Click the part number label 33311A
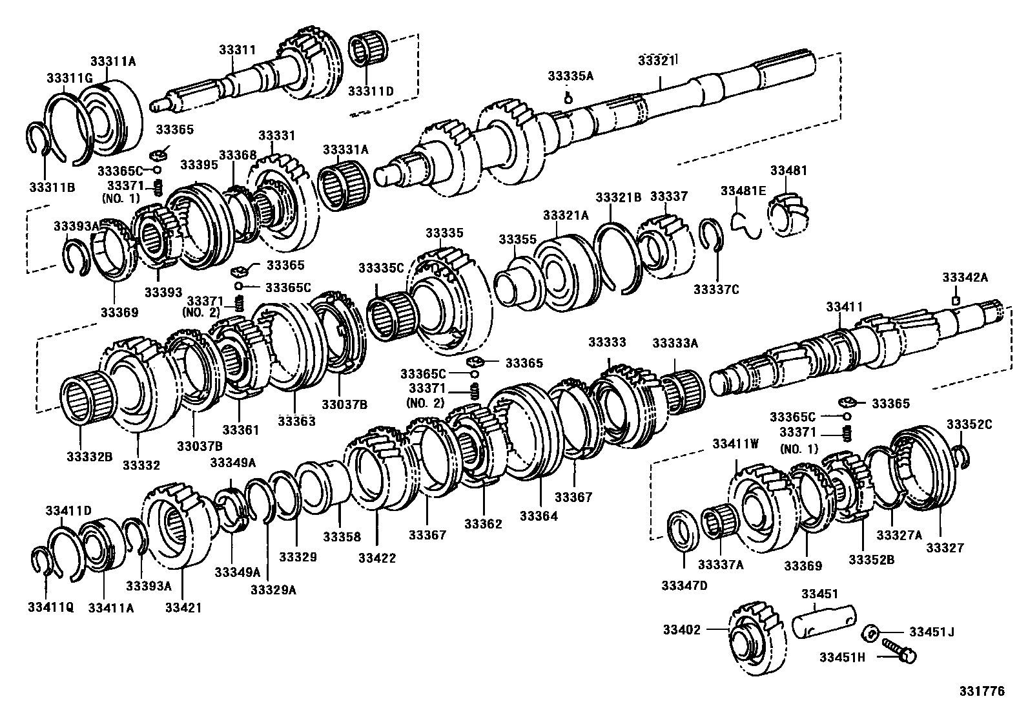tap(113, 61)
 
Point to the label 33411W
tap(735, 444)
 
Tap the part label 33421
tap(183, 607)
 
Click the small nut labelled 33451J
tap(870, 632)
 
